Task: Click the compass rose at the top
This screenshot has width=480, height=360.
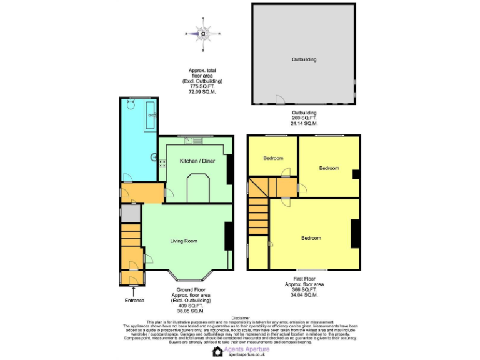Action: tap(204, 34)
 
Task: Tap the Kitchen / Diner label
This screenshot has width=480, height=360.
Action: tap(197, 161)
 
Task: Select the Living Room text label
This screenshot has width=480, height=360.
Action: tap(184, 241)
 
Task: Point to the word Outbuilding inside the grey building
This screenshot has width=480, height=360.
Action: tap(304, 59)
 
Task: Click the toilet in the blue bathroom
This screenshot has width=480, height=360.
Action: tap(131, 105)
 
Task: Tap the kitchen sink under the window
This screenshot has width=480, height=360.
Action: tap(189, 141)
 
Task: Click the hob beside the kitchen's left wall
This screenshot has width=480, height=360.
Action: tap(161, 164)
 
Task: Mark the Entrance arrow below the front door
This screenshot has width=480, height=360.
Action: tap(132, 291)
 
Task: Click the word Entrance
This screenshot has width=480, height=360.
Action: tap(134, 301)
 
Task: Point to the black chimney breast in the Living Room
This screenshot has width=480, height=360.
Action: tap(229, 236)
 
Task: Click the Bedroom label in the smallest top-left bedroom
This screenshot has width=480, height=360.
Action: tap(272, 158)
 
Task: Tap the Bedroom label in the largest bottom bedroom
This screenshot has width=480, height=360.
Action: tap(311, 238)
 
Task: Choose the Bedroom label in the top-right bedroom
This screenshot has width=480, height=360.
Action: tap(329, 168)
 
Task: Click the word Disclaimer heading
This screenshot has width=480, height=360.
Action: tap(240, 318)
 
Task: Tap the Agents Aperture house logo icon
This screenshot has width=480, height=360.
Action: tap(217, 352)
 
